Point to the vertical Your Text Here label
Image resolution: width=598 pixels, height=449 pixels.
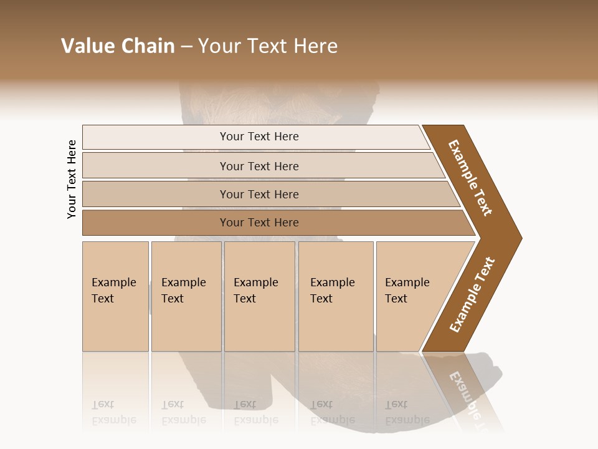[72, 179]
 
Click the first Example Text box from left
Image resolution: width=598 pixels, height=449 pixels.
[115, 296]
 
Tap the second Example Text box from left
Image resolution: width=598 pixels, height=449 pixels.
[186, 296]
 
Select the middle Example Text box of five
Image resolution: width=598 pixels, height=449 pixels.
[259, 296]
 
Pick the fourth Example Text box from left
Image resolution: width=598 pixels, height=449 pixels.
[336, 296]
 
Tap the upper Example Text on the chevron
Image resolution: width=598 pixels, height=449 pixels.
[470, 178]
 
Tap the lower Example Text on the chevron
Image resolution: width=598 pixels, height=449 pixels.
[472, 295]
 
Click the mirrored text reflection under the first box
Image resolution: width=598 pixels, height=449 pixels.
[113, 412]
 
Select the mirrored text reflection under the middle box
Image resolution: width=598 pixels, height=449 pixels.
[255, 412]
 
